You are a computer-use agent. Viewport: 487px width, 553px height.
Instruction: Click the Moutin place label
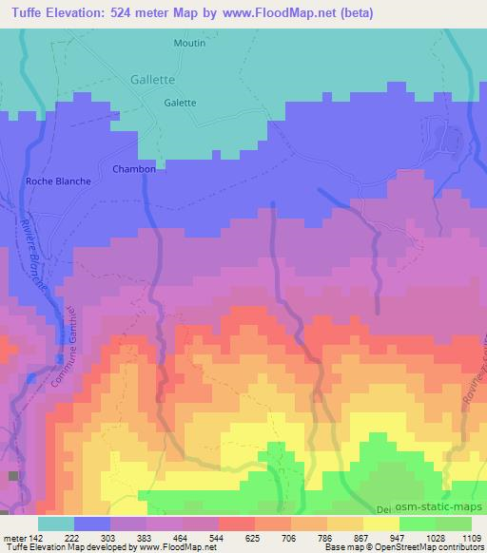tap(189, 43)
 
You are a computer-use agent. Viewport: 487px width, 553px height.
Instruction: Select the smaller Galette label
tap(180, 103)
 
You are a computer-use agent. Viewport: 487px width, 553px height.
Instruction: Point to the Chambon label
tap(134, 168)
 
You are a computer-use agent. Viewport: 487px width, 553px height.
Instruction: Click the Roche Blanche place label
tap(59, 181)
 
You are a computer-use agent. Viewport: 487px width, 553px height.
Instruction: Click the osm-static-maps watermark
tap(443, 509)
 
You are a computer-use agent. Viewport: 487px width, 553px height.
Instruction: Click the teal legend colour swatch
tap(56, 524)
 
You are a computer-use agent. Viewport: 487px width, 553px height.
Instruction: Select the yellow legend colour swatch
tap(380, 524)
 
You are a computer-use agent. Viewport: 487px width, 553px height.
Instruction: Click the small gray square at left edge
tap(13, 475)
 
